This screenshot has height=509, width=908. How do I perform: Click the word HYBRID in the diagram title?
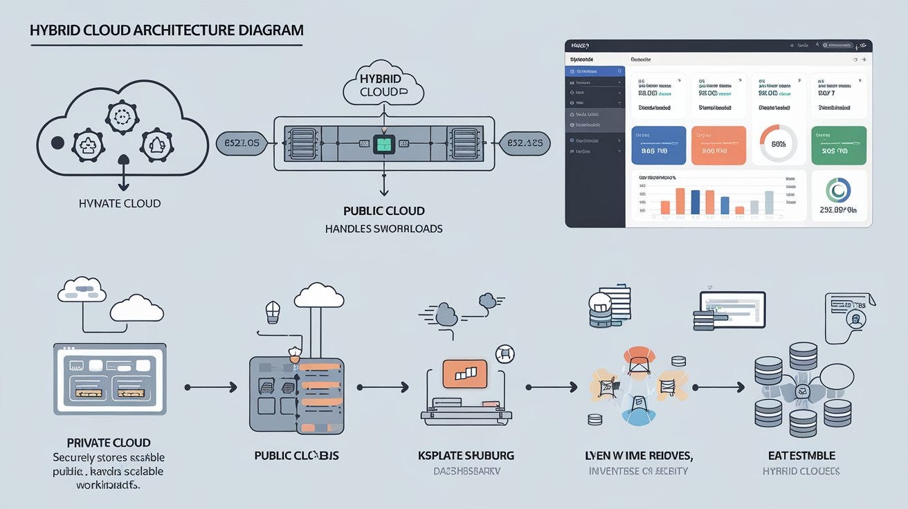[x=56, y=30]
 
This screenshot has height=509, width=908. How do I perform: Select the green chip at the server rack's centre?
[x=383, y=144]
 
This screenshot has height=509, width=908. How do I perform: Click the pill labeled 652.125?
[x=525, y=143]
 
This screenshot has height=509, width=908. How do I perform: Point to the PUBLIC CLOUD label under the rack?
[x=384, y=211]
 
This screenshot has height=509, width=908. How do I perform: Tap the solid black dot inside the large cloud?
[x=58, y=143]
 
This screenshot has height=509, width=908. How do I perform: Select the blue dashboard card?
[x=659, y=145]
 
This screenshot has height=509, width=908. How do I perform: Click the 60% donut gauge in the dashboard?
[x=779, y=144]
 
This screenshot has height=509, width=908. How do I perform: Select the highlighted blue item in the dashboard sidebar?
[x=596, y=71]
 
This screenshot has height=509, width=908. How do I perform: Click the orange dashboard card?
[x=718, y=145]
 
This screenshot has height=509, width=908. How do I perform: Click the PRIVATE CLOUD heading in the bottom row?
[x=109, y=443]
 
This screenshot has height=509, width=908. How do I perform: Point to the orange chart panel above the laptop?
[x=464, y=373]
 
